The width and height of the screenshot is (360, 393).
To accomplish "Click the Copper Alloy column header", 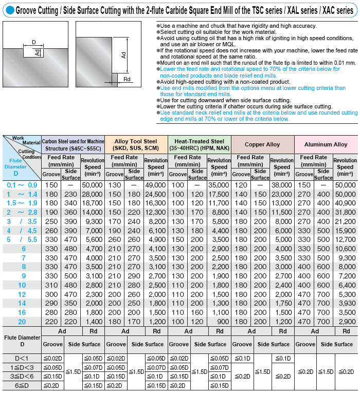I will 262,144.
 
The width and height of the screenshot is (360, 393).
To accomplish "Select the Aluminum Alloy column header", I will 326,144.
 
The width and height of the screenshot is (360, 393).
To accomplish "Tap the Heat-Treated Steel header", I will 199,144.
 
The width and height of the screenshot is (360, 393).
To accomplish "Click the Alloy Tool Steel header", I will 136,144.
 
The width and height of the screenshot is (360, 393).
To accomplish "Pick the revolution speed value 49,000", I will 155,184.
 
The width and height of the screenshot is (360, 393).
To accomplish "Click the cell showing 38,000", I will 281,184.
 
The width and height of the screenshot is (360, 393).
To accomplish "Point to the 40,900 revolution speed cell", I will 345,203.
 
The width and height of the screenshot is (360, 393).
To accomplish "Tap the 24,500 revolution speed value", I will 155,194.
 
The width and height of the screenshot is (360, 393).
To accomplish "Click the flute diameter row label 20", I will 22,321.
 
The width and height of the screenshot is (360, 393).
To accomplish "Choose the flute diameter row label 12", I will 22,294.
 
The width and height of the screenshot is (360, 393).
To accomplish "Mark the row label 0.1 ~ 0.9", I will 22,184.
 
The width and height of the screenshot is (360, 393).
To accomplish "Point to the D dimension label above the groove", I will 33,42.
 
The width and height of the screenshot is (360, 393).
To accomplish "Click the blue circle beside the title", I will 8,10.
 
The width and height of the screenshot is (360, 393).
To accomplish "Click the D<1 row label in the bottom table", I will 22,358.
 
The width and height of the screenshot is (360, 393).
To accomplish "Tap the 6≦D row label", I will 22,385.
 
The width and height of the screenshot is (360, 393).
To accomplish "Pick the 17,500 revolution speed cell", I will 219,194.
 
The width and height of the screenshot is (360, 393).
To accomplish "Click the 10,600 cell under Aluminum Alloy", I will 345,249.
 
